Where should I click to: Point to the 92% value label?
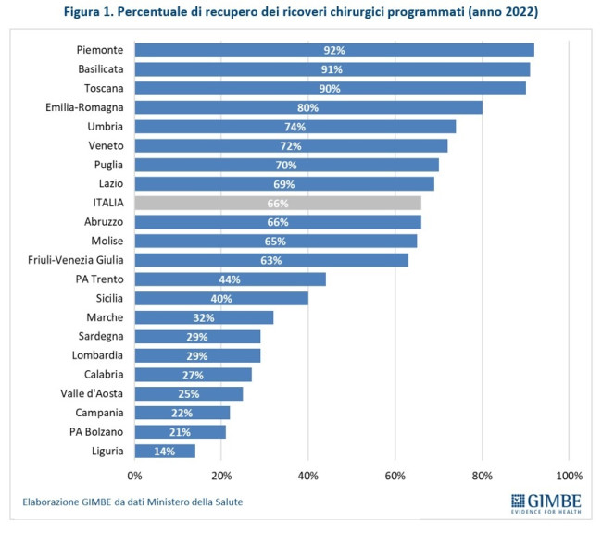pos(333,50)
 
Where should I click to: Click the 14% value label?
pos(165,451)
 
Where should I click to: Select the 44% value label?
pos(230,279)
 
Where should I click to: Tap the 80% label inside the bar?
pos(307,107)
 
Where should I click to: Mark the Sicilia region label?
pos(107,298)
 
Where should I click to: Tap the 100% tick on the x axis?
pos(568,476)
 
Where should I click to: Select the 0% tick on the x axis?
pos(134,476)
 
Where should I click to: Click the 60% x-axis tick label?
pos(395,476)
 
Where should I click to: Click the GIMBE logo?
pos(546,505)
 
